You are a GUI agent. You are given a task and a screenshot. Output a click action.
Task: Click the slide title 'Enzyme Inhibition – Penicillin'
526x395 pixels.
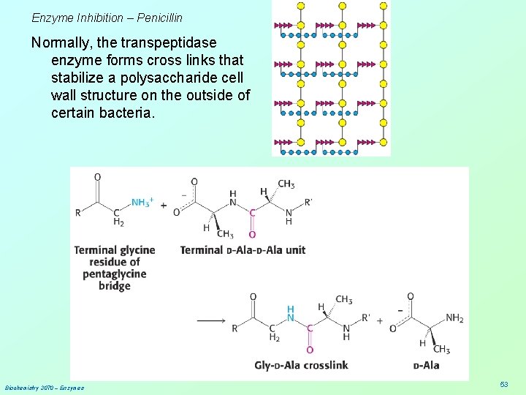[x=107, y=17]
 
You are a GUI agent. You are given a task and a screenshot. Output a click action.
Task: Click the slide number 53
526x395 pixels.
[x=504, y=385]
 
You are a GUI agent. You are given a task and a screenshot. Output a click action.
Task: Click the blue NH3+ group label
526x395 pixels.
[x=142, y=202]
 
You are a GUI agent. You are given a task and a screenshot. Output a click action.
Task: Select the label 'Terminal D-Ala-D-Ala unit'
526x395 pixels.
[x=243, y=250]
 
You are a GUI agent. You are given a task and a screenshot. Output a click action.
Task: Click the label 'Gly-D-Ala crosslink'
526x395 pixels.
[x=301, y=365]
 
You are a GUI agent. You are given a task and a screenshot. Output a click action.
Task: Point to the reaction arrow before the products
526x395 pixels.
[x=211, y=320]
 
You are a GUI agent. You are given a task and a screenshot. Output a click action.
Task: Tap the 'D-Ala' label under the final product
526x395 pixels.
[x=426, y=365]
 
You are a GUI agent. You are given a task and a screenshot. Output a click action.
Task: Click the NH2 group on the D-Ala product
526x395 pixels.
[x=454, y=317]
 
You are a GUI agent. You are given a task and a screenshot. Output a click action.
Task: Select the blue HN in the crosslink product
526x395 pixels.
[x=291, y=313]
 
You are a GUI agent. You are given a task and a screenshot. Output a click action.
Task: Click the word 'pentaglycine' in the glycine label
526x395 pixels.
[x=115, y=274]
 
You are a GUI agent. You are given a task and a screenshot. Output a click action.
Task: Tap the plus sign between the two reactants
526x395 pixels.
[x=163, y=206]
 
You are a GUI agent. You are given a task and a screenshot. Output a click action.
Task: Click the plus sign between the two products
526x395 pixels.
[x=380, y=320]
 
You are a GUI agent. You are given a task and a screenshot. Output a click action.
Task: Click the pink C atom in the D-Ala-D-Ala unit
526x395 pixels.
[x=253, y=213]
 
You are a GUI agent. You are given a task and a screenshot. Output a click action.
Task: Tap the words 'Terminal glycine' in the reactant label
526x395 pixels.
[x=115, y=250]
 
